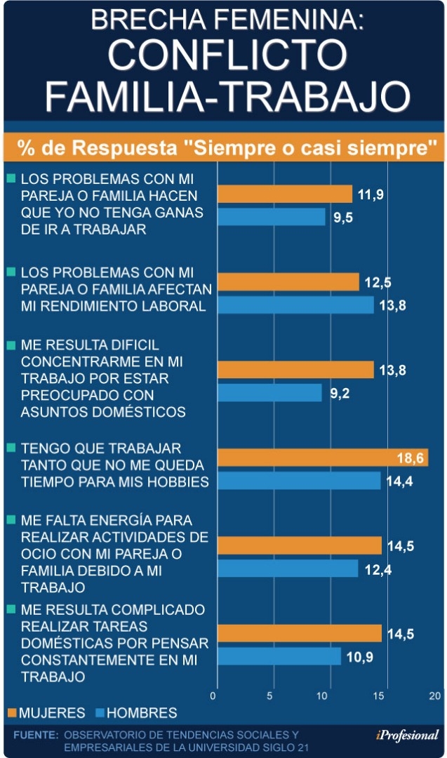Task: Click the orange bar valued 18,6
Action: (322, 458)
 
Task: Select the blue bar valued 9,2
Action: (269, 393)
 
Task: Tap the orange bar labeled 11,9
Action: (284, 194)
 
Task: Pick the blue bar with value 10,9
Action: (279, 656)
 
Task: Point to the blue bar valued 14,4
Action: (299, 481)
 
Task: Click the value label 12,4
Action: (378, 569)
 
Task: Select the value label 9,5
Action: (343, 218)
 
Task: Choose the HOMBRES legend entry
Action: (140, 713)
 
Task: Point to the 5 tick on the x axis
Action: (270, 696)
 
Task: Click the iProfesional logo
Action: (407, 735)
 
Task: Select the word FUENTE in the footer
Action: (36, 734)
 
